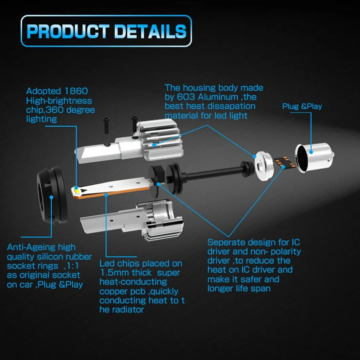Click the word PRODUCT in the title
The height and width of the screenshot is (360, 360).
(68, 31)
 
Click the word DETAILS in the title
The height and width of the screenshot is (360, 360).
(150, 31)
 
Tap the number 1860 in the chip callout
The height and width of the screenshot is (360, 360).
(76, 91)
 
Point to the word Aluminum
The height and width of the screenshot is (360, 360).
(218, 97)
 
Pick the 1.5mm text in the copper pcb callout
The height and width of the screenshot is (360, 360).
(114, 273)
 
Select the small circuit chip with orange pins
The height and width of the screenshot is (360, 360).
(284, 163)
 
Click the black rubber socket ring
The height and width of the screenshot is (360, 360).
(52, 195)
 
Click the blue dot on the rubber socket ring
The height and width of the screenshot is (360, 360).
(51, 197)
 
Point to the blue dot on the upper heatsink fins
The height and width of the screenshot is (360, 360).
(154, 145)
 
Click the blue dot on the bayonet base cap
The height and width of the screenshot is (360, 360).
(311, 152)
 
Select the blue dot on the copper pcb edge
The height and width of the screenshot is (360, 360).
(106, 195)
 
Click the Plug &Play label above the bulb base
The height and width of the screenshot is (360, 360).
(302, 106)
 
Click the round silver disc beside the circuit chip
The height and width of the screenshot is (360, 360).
(264, 165)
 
